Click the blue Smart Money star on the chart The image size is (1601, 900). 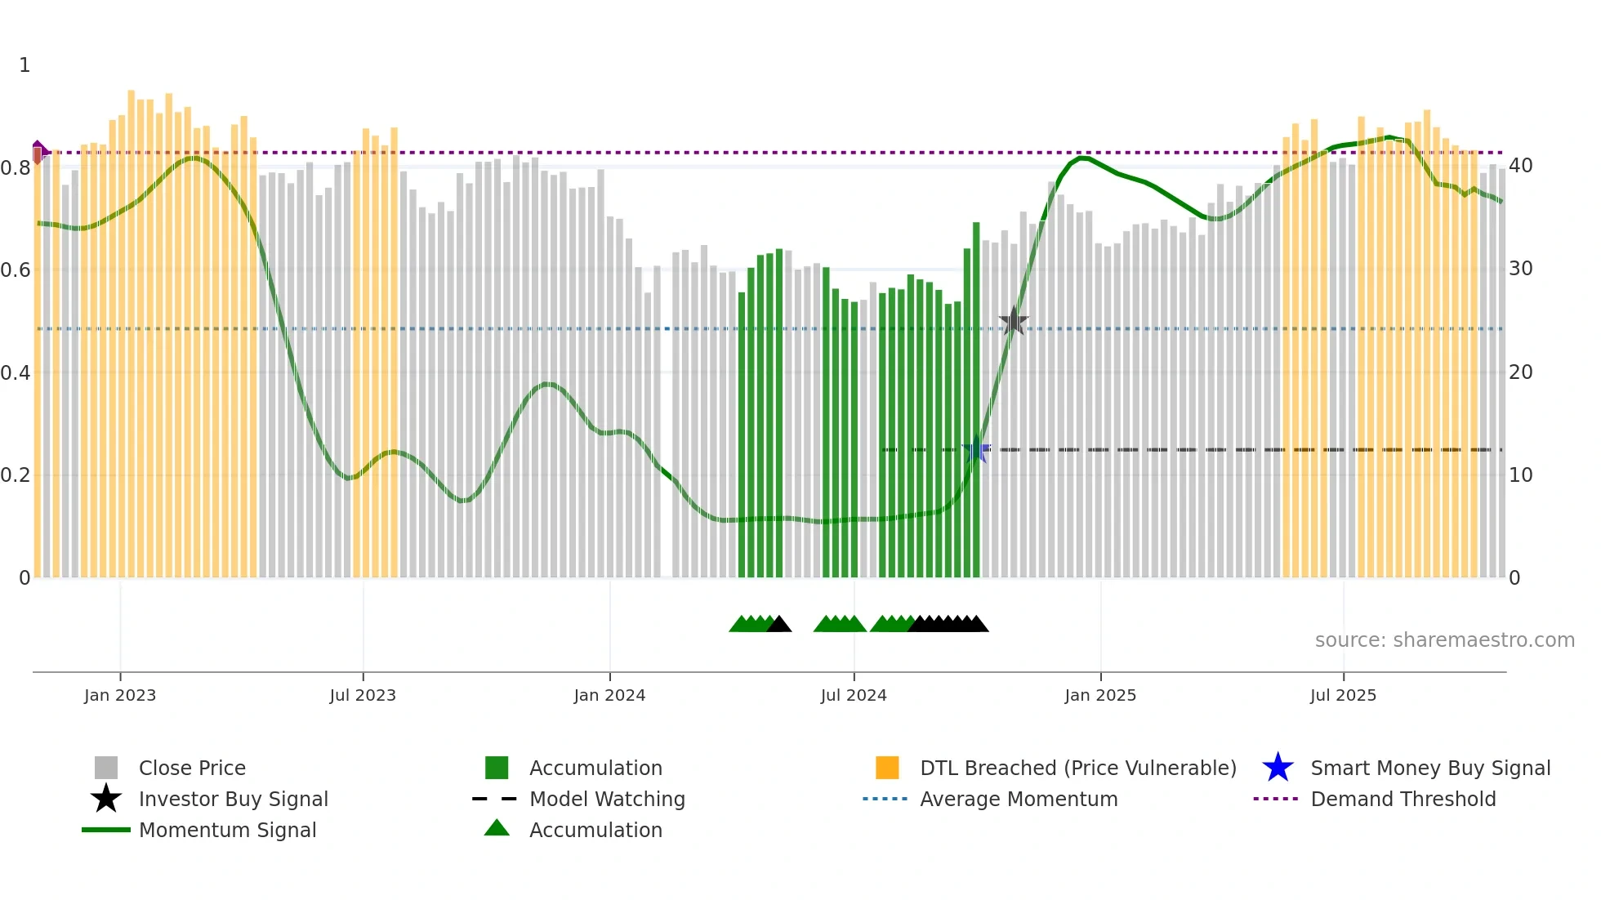pos(976,450)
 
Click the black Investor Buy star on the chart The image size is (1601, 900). pos(1014,321)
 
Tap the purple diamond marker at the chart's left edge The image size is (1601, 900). pos(38,152)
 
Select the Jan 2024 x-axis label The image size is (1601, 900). pos(609,695)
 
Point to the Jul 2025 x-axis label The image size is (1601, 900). pos(1343,695)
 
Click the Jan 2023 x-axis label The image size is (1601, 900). pos(120,695)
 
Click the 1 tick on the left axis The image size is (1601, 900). pos(25,65)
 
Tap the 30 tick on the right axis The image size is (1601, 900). pos(1520,269)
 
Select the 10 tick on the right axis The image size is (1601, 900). pos(1520,475)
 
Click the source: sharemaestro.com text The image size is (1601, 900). pos(1444,640)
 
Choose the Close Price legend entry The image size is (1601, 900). pos(192,768)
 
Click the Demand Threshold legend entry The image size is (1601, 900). pos(1403,799)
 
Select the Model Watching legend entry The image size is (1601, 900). pos(607,799)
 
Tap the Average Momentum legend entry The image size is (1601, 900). pos(1018,799)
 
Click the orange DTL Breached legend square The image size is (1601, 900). pos(887,768)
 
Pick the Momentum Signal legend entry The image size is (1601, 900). pos(227,830)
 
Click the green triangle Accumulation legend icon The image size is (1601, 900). pos(497,828)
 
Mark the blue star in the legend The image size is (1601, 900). pos(1278,768)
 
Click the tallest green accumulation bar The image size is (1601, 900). pos(976,400)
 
